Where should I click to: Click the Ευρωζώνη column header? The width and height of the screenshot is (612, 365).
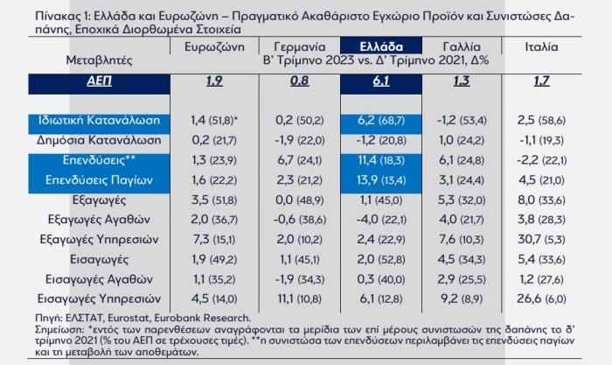pos(213,46)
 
